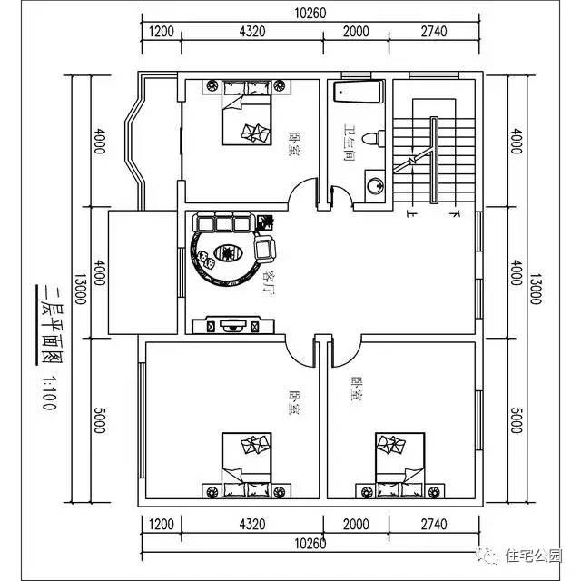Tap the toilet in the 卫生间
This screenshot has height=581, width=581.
(369, 139)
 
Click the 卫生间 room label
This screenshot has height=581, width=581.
(349, 143)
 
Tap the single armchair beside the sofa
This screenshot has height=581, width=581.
(266, 246)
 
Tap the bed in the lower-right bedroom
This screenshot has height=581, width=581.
(400, 463)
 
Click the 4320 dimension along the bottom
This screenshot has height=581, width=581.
(251, 525)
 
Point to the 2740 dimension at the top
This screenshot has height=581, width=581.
(434, 31)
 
